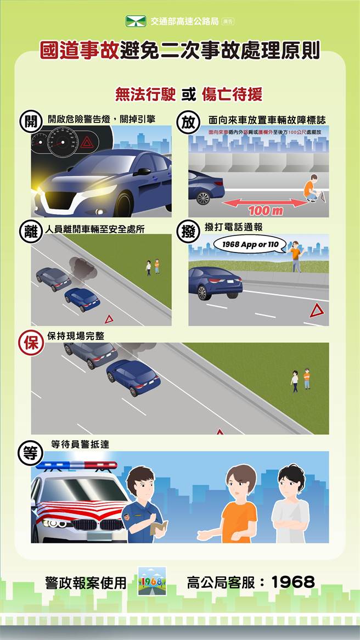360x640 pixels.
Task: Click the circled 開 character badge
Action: click(x=28, y=122)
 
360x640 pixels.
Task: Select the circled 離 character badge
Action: click(x=28, y=231)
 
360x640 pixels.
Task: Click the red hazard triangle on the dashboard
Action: click(x=87, y=144)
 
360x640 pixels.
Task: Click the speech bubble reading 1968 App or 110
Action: click(x=250, y=244)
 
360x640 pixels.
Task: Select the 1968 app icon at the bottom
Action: click(x=151, y=581)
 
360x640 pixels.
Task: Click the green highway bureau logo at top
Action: click(x=136, y=22)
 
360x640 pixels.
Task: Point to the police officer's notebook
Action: click(x=159, y=527)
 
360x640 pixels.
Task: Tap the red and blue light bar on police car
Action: click(x=77, y=466)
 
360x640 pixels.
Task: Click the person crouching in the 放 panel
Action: click(x=311, y=187)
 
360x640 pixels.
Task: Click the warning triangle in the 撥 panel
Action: click(x=316, y=311)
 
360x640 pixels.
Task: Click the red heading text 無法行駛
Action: click(x=145, y=94)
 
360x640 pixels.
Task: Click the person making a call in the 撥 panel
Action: click(x=295, y=255)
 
